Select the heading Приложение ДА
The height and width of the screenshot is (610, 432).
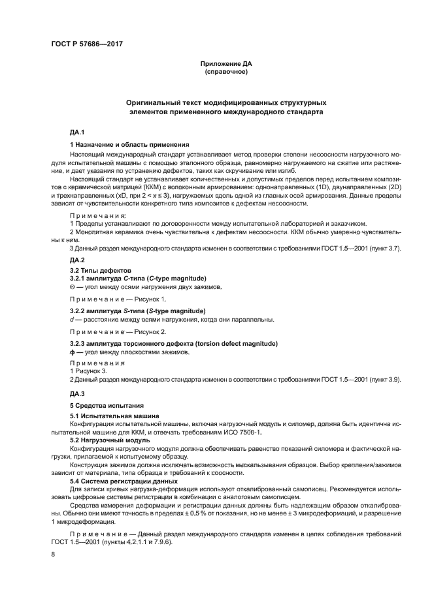(x=225, y=63)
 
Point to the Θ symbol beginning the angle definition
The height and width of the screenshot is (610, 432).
(x=72, y=286)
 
